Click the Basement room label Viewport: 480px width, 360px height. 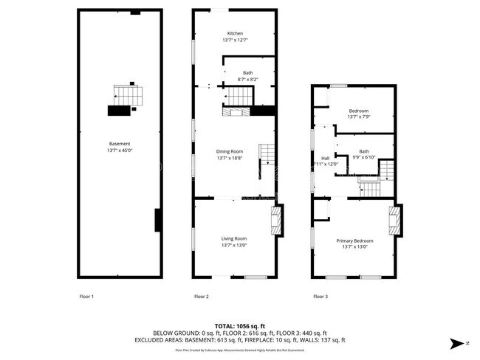coord(120,143)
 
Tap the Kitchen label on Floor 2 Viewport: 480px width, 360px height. coord(235,34)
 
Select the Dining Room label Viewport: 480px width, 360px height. coord(232,151)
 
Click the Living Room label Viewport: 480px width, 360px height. coord(234,238)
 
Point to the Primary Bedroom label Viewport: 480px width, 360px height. coord(354,241)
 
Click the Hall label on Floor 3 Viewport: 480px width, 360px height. coord(324,158)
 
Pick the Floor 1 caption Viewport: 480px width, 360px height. coord(87,297)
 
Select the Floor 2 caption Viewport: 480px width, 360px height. coord(202,297)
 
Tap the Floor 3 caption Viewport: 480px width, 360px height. coord(320,297)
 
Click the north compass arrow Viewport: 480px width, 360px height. coord(458,343)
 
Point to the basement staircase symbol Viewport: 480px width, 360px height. coord(126,95)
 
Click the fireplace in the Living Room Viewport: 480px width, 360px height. coord(276,221)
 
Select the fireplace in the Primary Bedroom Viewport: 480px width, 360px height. coord(396,221)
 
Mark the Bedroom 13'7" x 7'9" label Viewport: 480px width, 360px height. coord(358,114)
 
